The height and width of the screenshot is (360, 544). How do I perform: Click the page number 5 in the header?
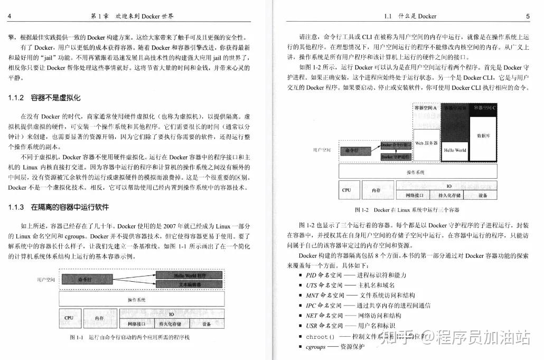click(x=528, y=16)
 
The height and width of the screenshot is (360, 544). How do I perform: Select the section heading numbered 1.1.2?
click(x=45, y=98)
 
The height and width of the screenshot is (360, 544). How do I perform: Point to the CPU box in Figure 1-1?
click(x=69, y=318)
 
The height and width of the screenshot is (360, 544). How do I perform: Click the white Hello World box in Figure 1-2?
click(x=455, y=150)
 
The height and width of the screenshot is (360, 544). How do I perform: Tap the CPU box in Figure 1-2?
click(x=346, y=190)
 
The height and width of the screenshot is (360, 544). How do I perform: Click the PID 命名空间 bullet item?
click(x=324, y=275)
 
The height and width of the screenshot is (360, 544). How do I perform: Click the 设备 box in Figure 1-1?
click(x=207, y=324)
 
